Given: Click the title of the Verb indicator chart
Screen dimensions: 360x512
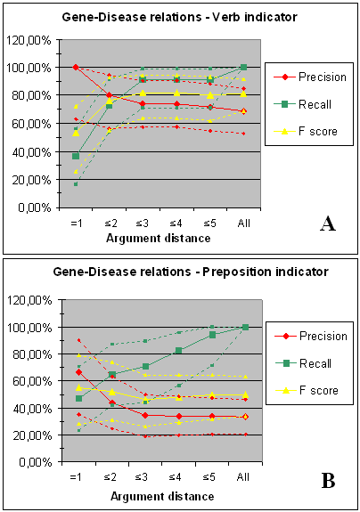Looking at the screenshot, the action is click(x=179, y=17).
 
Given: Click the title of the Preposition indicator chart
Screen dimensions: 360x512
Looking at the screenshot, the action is click(x=191, y=272).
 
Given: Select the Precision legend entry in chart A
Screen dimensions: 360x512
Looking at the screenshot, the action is click(x=310, y=77).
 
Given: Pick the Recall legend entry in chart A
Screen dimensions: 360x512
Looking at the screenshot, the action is click(x=302, y=104).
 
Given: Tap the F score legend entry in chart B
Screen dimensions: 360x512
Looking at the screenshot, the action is click(x=307, y=390).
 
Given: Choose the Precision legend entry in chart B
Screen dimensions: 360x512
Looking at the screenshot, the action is click(x=311, y=336).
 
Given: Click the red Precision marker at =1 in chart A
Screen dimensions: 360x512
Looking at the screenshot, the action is click(x=76, y=68).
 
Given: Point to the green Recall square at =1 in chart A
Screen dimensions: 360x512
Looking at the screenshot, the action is click(x=76, y=156).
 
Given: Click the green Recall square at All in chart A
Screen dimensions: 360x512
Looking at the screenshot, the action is click(x=243, y=68).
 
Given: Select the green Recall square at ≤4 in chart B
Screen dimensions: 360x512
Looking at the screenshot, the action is click(x=179, y=350).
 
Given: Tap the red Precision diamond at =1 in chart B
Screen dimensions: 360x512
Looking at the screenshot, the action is click(x=78, y=372).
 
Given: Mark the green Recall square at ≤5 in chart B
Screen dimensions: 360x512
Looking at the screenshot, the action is click(x=212, y=335).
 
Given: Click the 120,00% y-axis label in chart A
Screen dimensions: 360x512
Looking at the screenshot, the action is click(x=29, y=40).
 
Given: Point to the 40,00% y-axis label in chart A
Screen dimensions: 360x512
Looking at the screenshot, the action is click(x=32, y=152).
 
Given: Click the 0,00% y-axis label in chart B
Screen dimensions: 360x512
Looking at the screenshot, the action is click(x=36, y=462).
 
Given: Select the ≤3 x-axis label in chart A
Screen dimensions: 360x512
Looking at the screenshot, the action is click(x=142, y=223).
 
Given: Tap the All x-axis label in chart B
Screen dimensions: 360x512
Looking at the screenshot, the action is click(x=243, y=477).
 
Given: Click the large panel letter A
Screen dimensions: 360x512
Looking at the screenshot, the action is click(x=328, y=224).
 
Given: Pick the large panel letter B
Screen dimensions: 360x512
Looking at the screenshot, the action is click(x=328, y=481).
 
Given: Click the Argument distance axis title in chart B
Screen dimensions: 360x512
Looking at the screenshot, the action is click(x=162, y=497).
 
